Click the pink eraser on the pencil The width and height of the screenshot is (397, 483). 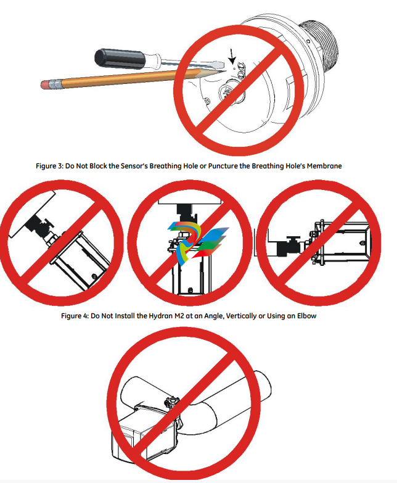click(45, 85)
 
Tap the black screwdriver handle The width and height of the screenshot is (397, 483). click(119, 59)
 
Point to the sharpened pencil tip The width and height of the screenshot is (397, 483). click(219, 72)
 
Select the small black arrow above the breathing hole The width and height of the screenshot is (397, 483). click(232, 56)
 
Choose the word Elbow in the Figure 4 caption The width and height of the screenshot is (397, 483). click(306, 316)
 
